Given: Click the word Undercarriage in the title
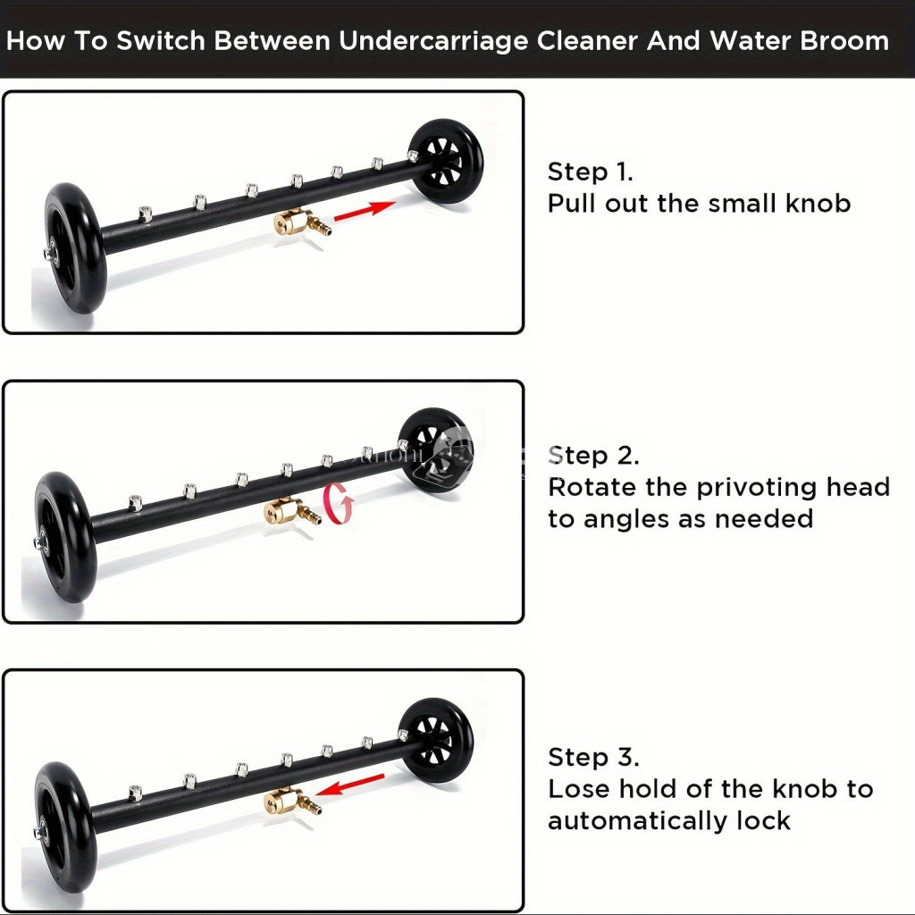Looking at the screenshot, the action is (x=433, y=41).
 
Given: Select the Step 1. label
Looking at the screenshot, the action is (x=590, y=172).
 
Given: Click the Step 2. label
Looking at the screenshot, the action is (x=593, y=455).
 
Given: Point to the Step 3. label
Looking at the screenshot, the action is (x=593, y=757).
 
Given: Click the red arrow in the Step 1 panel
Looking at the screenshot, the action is (x=365, y=210).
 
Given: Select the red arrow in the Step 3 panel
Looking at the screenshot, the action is (x=350, y=785).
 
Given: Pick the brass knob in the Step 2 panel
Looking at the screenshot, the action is (x=292, y=511).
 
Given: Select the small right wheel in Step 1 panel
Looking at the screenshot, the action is (x=447, y=162).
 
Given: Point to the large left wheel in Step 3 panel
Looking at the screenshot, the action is (x=63, y=827).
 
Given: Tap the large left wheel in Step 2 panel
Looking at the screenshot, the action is (x=63, y=537).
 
